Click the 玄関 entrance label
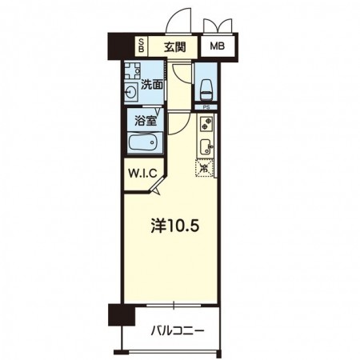174,47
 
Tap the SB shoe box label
142,46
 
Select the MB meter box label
218,46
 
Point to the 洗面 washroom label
152,85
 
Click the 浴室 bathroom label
146,122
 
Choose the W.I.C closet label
142,174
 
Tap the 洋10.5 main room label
175,226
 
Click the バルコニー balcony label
178,331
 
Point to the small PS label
206,107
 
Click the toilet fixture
206,90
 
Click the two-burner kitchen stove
206,123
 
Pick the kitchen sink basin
206,146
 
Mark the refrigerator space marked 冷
205,168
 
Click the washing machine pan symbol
132,71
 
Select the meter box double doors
218,26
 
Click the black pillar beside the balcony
122,314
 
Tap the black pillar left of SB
121,46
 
